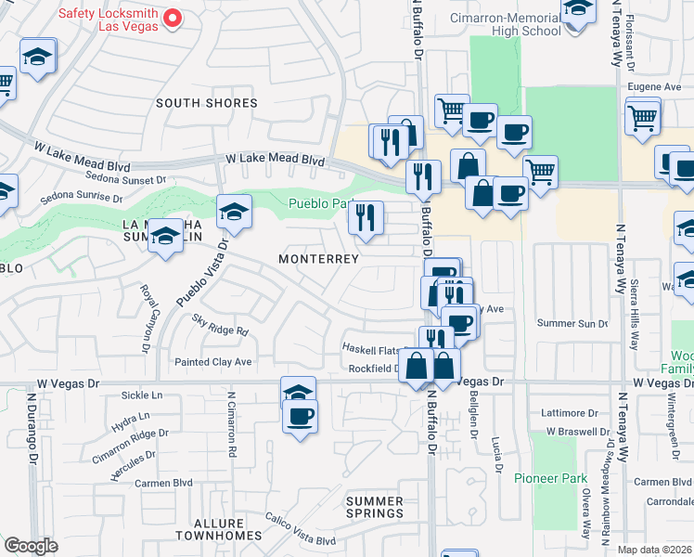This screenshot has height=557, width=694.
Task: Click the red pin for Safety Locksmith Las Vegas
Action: coord(172,18)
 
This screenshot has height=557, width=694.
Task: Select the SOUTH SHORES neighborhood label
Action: coord(206,103)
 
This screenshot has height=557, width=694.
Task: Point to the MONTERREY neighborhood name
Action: coord(319,259)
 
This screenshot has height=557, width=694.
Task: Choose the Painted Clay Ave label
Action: coord(214,361)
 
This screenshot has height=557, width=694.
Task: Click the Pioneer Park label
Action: coord(552,478)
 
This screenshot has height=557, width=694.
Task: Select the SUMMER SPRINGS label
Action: coord(375,507)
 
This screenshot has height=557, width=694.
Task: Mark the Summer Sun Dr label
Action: coord(572,323)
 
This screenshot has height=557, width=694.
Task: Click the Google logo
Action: coord(31,546)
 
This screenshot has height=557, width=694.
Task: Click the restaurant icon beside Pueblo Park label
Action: coord(366,218)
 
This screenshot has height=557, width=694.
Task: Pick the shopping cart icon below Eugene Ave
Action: coord(642,118)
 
